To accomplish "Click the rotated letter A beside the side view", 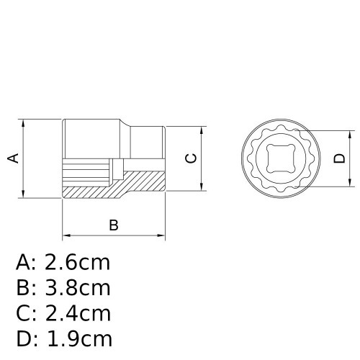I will coord(13,158).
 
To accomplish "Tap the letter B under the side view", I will coord(113,225).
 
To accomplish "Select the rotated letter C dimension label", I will coord(191,158).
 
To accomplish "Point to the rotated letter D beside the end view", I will coord(340,159).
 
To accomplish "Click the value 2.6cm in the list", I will coord(78,261).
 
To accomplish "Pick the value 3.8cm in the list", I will coord(78,288).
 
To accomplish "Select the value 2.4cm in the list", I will coord(78,314).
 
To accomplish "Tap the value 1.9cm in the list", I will coord(78,339).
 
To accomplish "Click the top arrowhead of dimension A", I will coord(26,122).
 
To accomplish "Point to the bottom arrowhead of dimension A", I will coord(26,194).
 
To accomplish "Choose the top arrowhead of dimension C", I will coord(202,130).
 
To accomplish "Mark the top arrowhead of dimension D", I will coord(351,135).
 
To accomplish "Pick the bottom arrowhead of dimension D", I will coord(351,184).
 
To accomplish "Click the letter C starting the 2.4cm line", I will coord(24,314).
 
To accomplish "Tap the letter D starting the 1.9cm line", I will coord(24,339).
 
